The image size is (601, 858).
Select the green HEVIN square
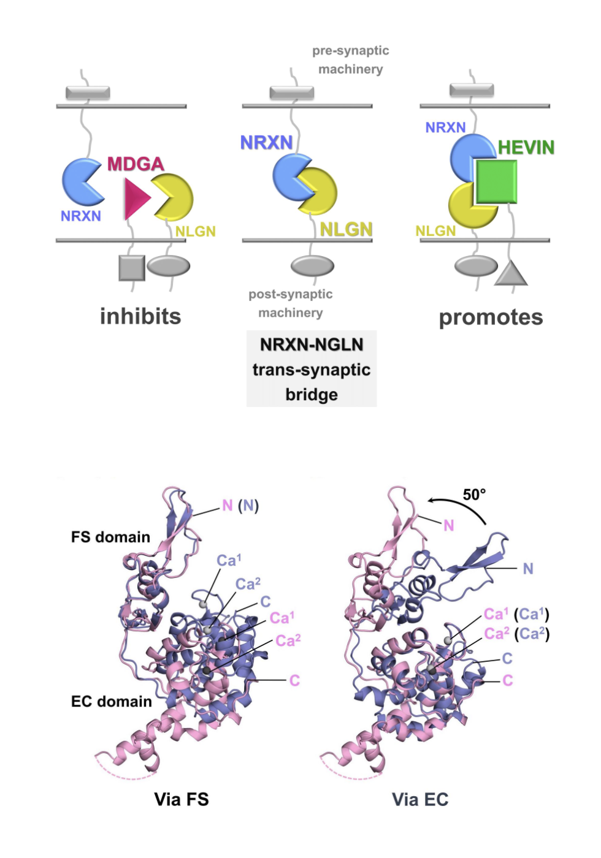pos(496,181)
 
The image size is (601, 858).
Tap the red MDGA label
pos(136,164)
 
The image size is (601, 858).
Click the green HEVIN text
pos(526,148)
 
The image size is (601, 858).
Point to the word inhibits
pos(140,317)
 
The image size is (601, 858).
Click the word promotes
pos(491,317)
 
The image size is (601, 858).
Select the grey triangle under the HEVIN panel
pos(511,274)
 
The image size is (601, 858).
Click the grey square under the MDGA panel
pos(131,268)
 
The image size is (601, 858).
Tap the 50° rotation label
pos(474,495)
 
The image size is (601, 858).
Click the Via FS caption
pos(182,799)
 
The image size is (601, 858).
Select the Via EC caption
pos(420,799)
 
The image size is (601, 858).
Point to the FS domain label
pos(110,537)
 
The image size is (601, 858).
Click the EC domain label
pos(111,702)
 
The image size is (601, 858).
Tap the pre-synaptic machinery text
pos(350,60)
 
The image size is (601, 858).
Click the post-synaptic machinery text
pos(291,303)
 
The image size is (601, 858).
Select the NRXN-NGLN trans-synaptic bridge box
pos(312,369)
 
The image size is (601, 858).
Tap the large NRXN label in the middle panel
pos(266,143)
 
